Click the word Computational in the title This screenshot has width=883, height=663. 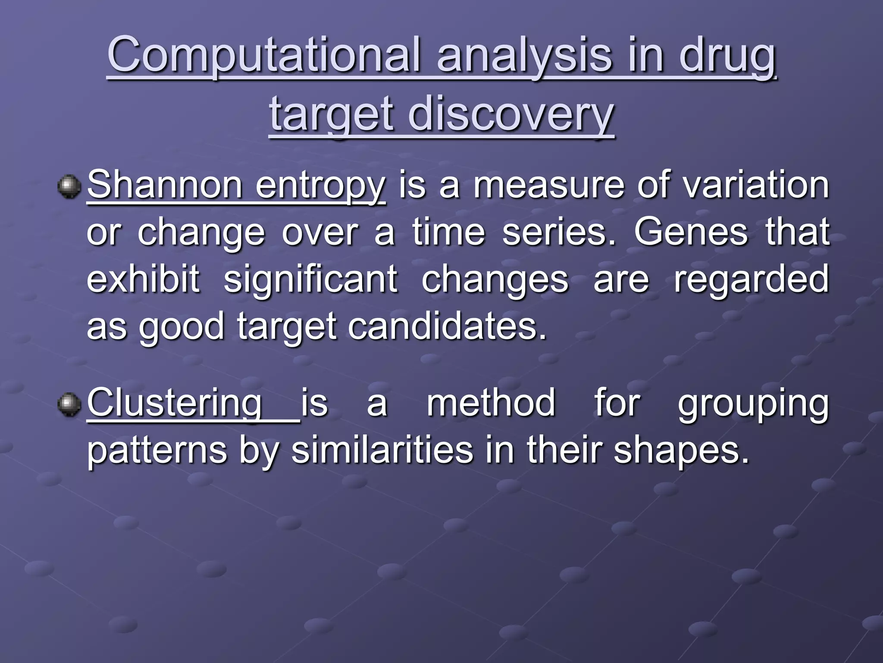pyautogui.click(x=263, y=55)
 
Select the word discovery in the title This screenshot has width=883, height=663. pyautogui.click(x=510, y=114)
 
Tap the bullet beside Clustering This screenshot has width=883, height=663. pyautogui.click(x=69, y=404)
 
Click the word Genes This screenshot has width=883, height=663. pyautogui.click(x=690, y=232)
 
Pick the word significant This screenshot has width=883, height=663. pyautogui.click(x=310, y=279)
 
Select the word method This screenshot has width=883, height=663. pyautogui.click(x=491, y=403)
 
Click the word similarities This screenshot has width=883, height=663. pyautogui.click(x=382, y=450)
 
